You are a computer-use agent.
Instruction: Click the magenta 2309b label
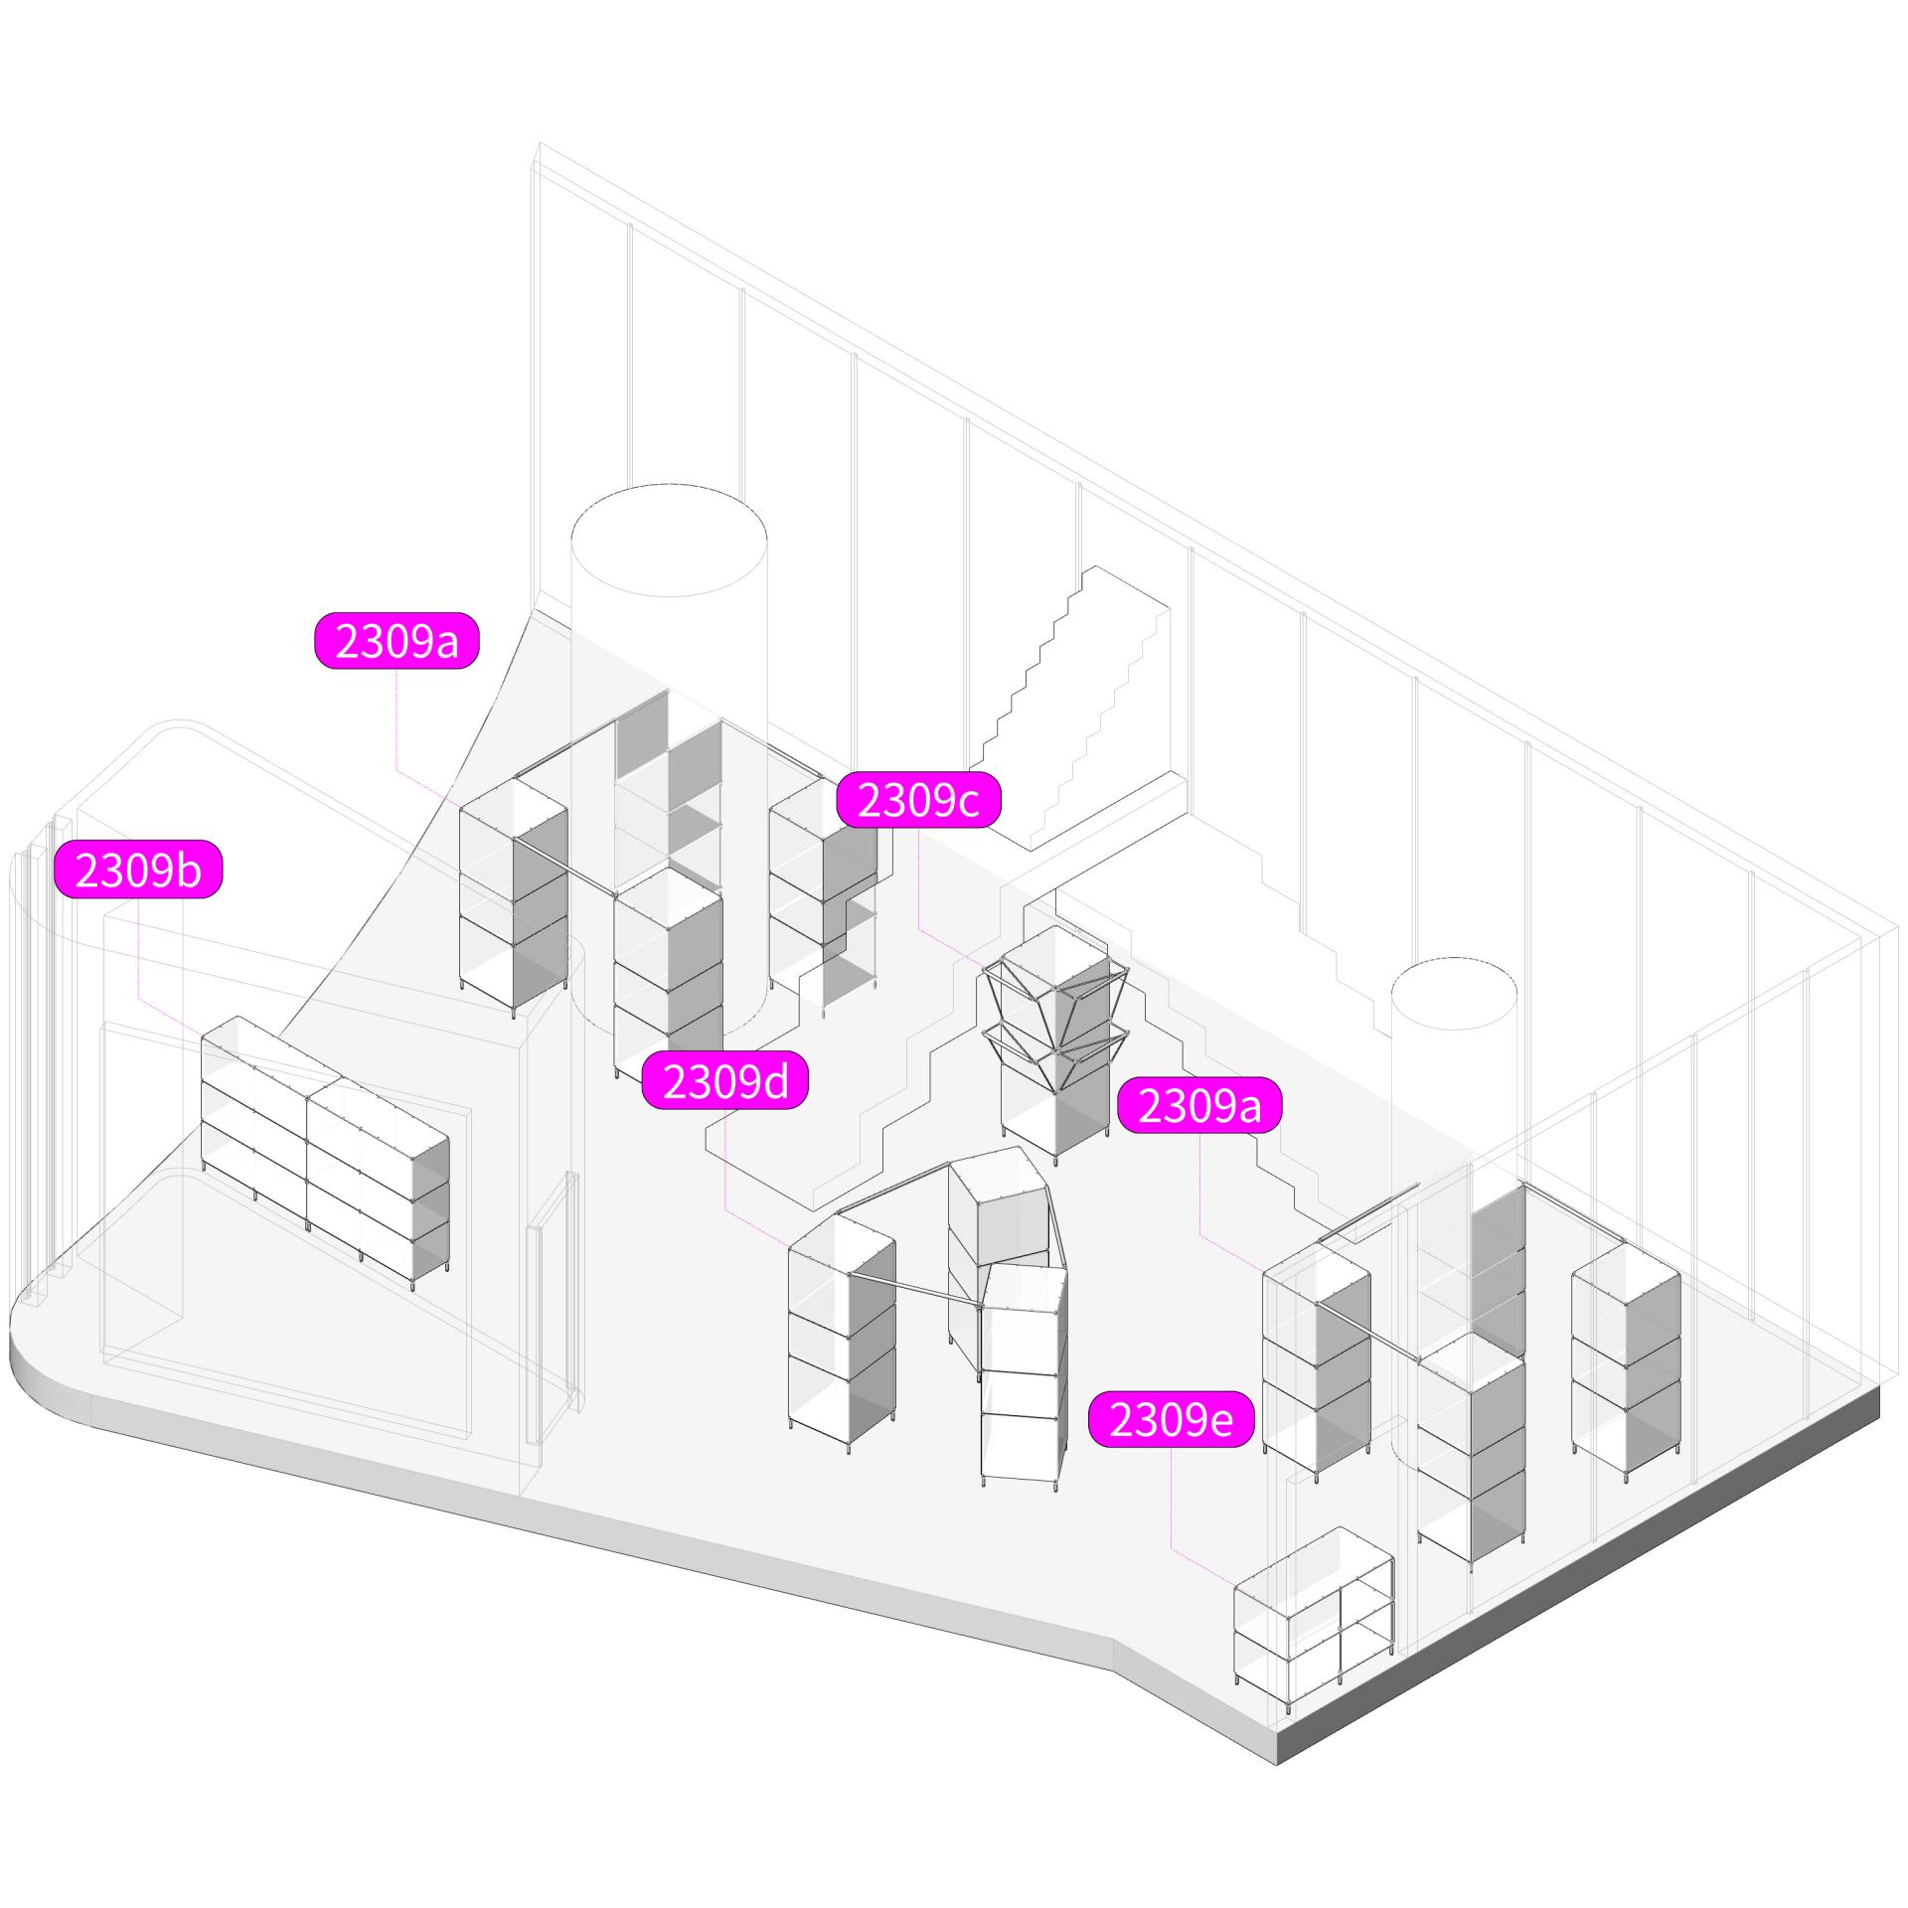[138, 871]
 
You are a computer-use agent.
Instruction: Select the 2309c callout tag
[918, 799]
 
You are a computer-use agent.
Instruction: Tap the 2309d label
[724, 1081]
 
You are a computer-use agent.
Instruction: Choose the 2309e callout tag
[1171, 1420]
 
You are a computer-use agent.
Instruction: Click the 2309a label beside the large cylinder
[397, 641]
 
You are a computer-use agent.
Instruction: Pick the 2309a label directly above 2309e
[1199, 1106]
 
